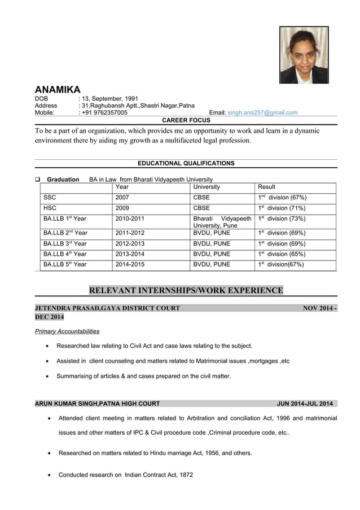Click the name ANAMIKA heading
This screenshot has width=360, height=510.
58,90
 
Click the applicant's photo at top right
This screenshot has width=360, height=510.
304,55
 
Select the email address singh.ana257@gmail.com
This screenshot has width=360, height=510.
262,113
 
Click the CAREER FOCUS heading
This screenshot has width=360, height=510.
186,120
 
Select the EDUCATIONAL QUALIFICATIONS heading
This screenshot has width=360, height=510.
186,163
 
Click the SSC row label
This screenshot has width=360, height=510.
50,198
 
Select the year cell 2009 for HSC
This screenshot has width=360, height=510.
122,208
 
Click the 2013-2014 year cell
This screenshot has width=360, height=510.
130,254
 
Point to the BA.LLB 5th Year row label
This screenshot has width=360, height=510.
65,264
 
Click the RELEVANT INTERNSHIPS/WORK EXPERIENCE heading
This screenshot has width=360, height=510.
186,291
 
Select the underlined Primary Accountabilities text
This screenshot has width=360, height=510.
67,332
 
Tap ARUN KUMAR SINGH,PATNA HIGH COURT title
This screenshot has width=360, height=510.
97,404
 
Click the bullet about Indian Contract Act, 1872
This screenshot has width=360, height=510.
126,475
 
